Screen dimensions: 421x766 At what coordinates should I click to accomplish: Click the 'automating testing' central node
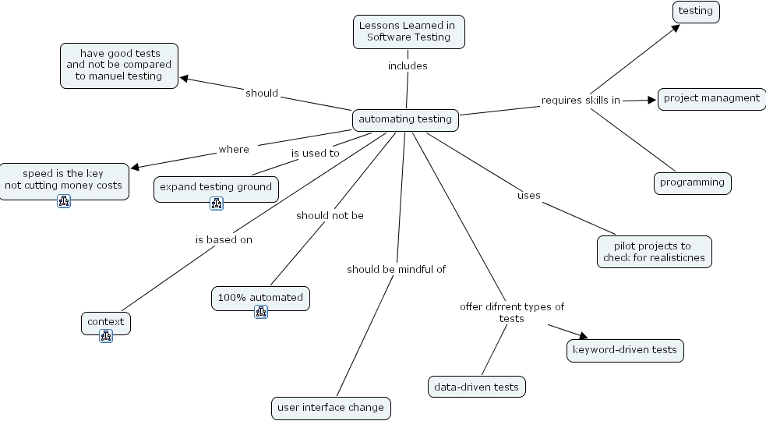[x=405, y=120]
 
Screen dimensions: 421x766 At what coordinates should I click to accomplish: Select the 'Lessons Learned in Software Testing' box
[x=408, y=32]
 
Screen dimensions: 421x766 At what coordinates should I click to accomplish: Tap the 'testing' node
[x=696, y=12]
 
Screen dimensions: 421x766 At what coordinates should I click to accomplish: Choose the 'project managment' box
[x=711, y=99]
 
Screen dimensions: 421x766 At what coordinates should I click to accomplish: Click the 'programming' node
[x=692, y=183]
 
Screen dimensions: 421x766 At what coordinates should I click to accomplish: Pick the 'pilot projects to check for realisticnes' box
[x=644, y=252]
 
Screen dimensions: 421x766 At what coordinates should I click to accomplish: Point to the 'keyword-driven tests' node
[x=624, y=351]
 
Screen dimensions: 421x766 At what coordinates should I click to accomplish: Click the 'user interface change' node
[x=330, y=408]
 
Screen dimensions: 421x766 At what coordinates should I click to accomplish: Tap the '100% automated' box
[x=260, y=298]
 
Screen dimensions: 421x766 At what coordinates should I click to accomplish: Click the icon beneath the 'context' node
[x=106, y=336]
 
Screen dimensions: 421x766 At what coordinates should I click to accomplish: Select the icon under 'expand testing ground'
[x=217, y=203]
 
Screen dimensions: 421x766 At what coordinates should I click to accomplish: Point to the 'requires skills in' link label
[x=581, y=101]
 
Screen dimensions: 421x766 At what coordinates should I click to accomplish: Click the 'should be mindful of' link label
[x=396, y=270]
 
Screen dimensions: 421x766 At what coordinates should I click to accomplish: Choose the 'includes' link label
[x=408, y=66]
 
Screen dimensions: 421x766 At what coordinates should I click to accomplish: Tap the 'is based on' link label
[x=224, y=240]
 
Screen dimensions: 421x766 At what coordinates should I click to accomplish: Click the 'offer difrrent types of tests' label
[x=511, y=312]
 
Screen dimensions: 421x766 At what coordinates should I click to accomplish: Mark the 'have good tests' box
[x=119, y=65]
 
